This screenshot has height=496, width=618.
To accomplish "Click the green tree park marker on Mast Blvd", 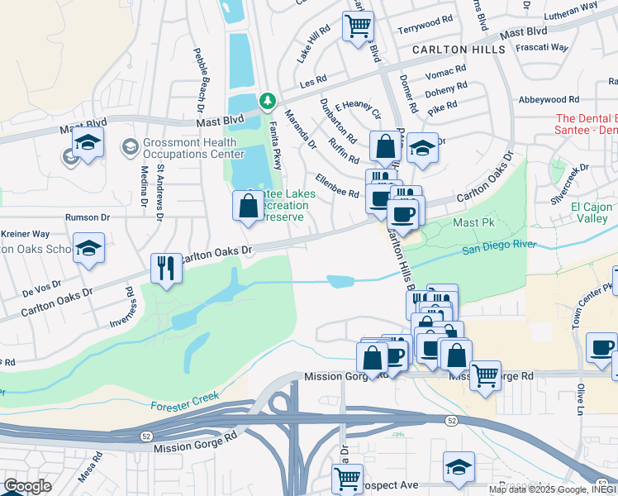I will (x=268, y=101).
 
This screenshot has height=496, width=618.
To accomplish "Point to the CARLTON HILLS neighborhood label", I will (x=459, y=50).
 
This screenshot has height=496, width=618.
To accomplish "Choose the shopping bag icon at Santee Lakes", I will (x=249, y=206).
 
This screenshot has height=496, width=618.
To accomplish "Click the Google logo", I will (x=27, y=486).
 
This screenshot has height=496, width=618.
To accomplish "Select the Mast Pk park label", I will (x=471, y=223).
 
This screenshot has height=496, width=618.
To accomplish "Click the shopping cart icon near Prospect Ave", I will (x=347, y=478).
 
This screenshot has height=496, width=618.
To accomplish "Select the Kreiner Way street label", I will (x=25, y=235).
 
